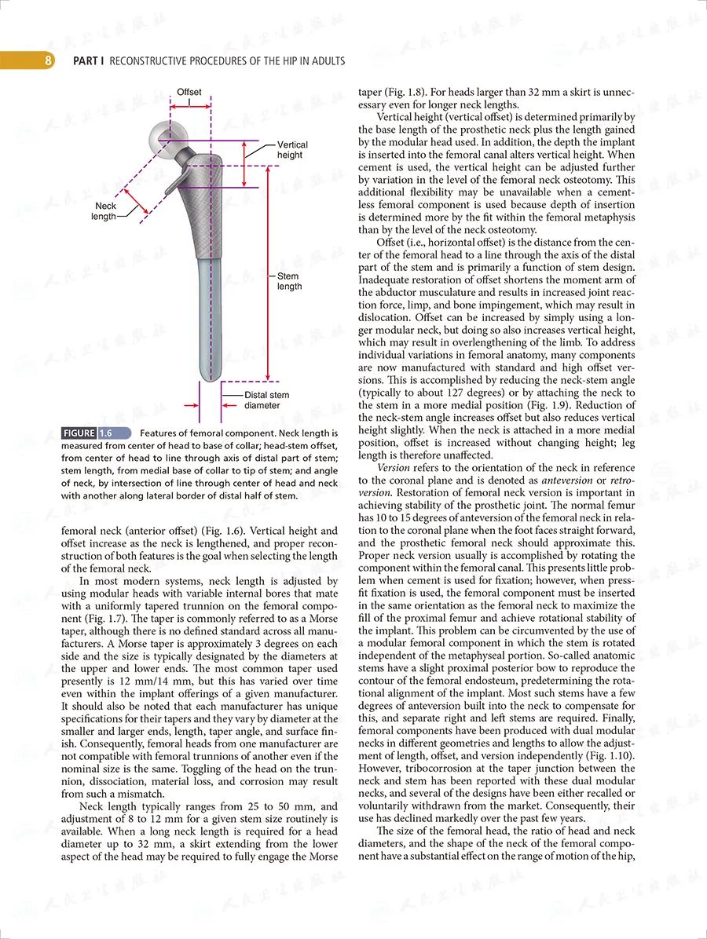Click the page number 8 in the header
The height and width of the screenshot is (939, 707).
coord(48,60)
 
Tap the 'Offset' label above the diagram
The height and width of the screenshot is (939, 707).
coord(189,92)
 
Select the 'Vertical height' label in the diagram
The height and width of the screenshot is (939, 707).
coord(292,150)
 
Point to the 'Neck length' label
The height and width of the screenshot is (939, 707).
coord(105,211)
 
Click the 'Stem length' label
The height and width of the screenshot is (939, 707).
coord(289,281)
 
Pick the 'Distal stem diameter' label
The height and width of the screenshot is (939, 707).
coord(266,400)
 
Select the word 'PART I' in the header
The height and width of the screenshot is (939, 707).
coord(89,60)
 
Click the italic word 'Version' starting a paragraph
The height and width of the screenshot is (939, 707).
coord(394,468)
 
